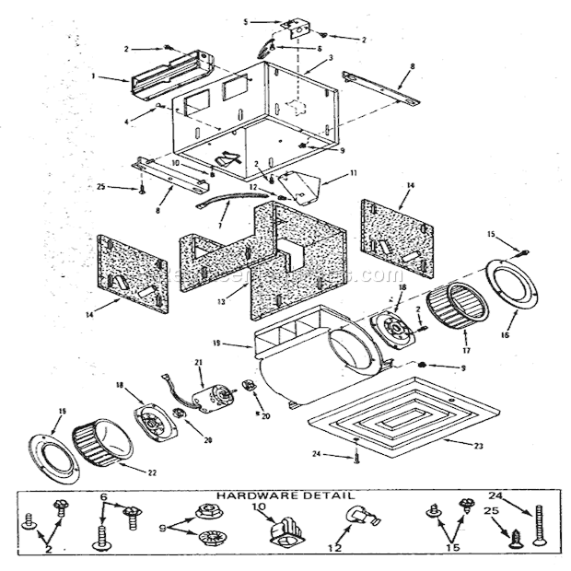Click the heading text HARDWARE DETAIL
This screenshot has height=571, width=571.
pos(285,495)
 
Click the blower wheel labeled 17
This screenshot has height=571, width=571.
pos(451,314)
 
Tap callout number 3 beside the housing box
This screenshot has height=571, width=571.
pos(331,58)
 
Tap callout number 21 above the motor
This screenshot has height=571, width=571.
pos(197,362)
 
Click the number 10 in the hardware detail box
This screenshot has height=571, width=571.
pos(259,507)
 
